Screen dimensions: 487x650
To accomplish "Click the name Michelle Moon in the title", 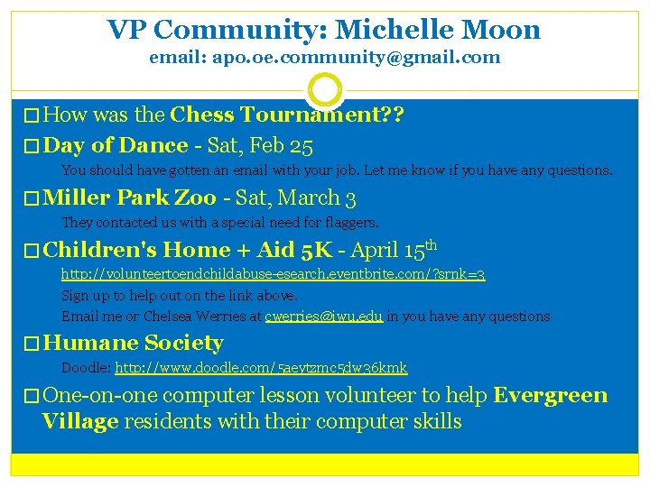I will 438,30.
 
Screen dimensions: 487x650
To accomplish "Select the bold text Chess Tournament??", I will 287,115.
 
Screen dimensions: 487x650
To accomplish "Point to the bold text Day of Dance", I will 116,145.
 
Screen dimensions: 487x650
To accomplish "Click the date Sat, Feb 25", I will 260,145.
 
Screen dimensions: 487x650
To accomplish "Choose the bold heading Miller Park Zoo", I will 129,198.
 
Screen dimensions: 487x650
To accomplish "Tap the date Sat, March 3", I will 296,198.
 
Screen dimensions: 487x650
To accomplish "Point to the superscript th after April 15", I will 432,243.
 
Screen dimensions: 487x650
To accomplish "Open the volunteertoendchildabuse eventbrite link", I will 273,273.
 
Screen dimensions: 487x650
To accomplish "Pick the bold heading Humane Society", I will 133,343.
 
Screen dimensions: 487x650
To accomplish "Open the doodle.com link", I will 261,368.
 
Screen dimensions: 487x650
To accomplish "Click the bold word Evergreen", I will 551,395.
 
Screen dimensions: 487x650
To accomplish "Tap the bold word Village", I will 80,421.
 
